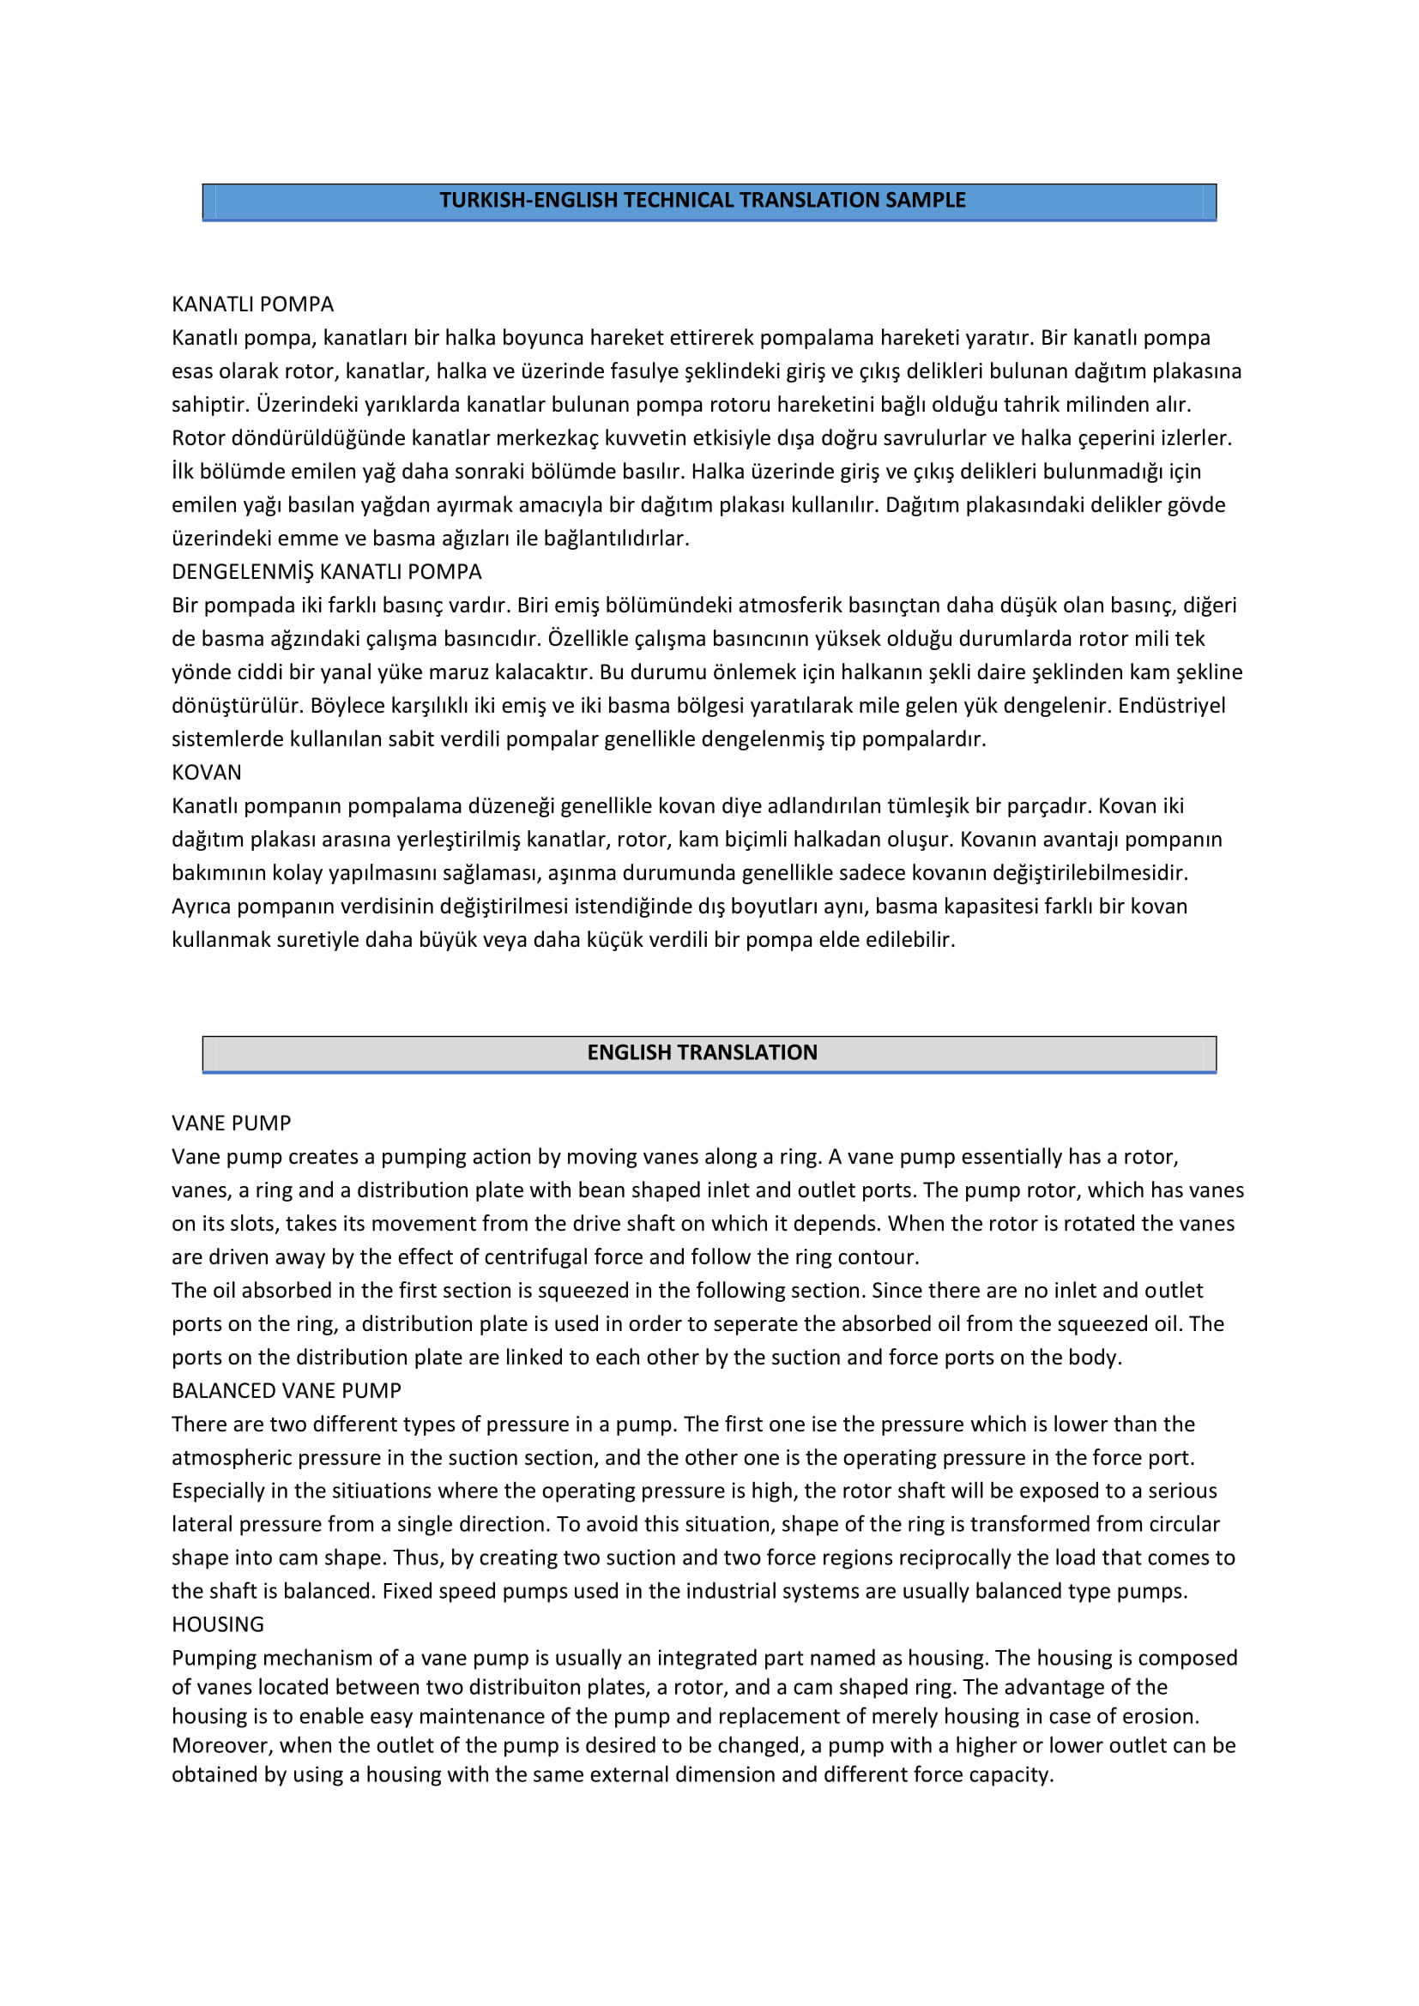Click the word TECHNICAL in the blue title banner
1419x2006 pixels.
[678, 200]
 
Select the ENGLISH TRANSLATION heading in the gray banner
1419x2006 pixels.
[702, 1052]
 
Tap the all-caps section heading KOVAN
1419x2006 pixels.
[206, 773]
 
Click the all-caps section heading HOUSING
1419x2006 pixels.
[218, 1624]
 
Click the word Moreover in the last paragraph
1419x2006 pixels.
[222, 1744]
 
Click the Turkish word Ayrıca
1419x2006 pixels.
[201, 906]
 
